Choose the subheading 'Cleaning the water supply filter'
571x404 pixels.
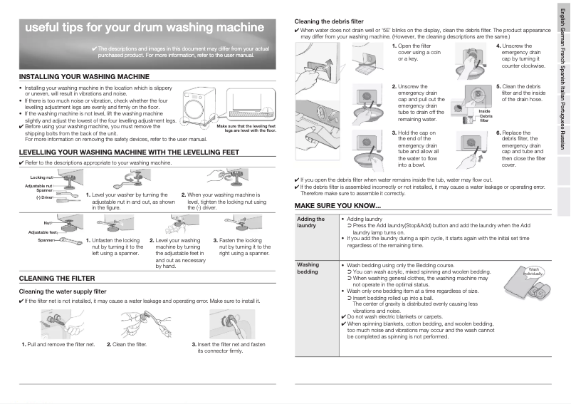pos(62,291)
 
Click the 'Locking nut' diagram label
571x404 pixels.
pos(41,177)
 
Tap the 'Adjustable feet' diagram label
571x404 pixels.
pos(43,232)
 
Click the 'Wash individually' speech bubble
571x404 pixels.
pos(533,271)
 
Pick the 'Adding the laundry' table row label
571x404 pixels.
pos(310,222)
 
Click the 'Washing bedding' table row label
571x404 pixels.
pos(308,268)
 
